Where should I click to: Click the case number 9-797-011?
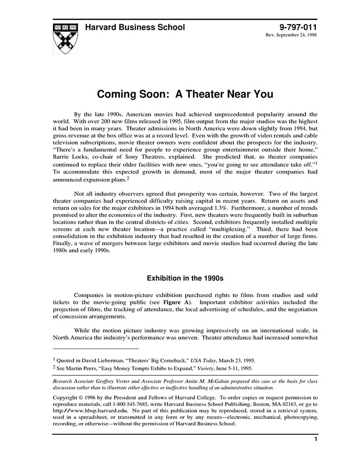[x=298, y=27]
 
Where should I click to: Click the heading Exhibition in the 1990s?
[x=185, y=278]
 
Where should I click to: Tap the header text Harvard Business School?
[x=134, y=27]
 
